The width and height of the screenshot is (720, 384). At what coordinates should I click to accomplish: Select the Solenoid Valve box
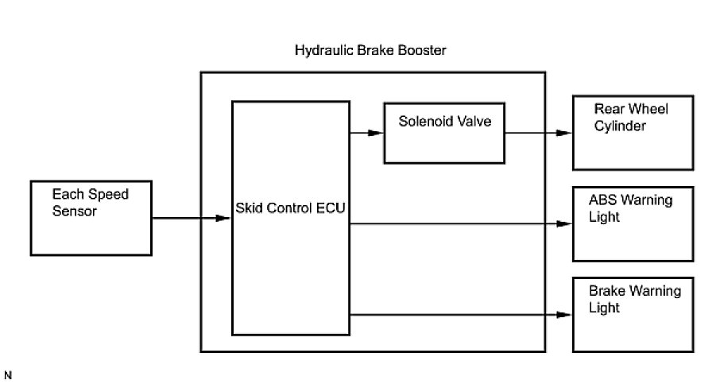coord(443,133)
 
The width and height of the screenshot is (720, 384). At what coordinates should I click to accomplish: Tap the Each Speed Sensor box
coord(90,218)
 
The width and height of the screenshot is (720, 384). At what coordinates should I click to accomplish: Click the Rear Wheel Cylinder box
coord(633,132)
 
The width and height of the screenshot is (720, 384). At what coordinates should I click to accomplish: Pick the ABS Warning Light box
coord(633,224)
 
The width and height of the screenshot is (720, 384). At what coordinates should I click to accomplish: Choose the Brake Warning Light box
coord(633,314)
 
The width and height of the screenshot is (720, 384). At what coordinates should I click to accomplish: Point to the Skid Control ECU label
coord(290,208)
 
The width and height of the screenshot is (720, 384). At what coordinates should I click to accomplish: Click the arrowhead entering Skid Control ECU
coord(223,218)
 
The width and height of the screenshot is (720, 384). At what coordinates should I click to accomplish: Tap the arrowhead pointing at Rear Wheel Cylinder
coord(565,133)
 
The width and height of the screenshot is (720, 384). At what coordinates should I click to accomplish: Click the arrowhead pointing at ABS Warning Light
coord(565,224)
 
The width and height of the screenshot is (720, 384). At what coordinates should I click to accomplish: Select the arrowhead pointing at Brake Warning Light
coord(565,315)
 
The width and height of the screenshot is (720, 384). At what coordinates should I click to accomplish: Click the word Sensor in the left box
coord(75,211)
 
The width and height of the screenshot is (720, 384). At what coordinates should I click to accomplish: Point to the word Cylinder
coord(621,126)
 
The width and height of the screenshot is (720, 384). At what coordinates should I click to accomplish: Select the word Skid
coord(249,208)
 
